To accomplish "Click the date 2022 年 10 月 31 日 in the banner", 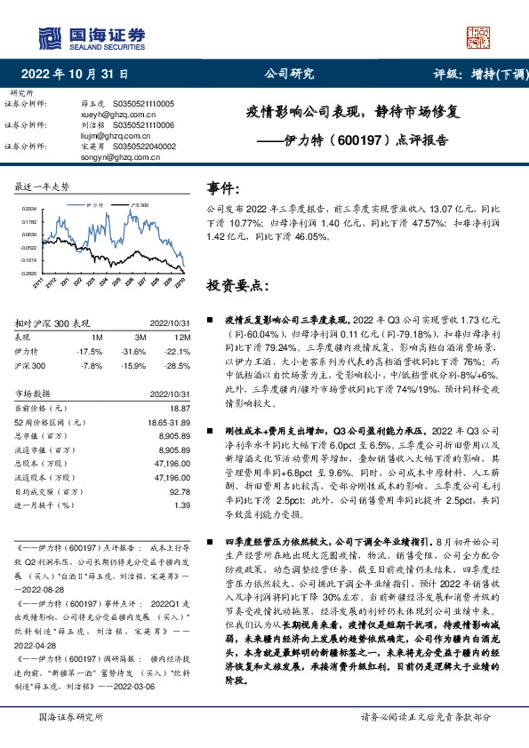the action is point(79,75).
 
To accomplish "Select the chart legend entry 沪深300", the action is point(137,204).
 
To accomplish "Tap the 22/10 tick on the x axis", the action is point(180,282).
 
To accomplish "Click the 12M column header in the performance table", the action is point(181,338).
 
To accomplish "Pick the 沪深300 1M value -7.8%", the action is point(92,365).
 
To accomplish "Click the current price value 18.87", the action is point(180,407).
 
